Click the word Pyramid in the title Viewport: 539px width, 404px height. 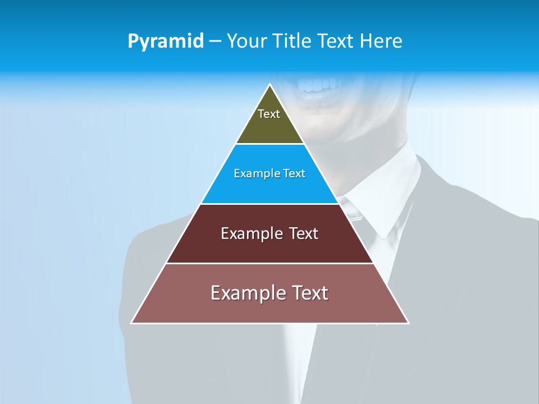click(165, 42)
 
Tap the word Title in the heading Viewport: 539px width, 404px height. click(294, 41)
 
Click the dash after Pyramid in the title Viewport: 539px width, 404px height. click(215, 42)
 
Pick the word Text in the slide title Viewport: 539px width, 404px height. click(336, 41)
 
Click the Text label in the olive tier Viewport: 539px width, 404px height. click(269, 114)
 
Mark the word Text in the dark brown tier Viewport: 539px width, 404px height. click(304, 233)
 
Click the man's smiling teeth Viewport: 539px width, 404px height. click(319, 86)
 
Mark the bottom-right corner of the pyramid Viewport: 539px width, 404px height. click(408, 323)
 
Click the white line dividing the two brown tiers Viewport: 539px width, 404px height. click(269, 263)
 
